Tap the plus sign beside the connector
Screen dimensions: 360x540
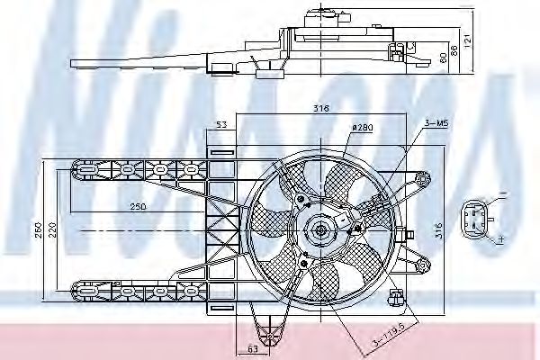tap(499, 238)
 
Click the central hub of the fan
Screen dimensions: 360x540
tap(319, 230)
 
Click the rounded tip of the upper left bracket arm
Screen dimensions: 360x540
tap(76, 167)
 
